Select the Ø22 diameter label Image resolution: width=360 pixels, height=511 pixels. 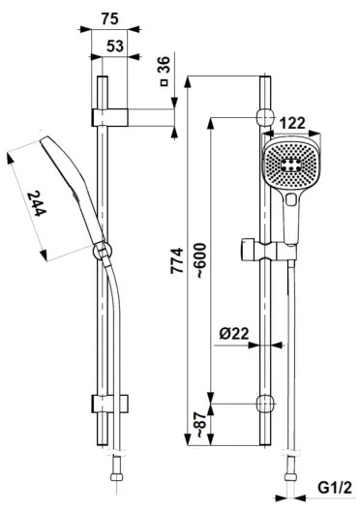tap(231, 332)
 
